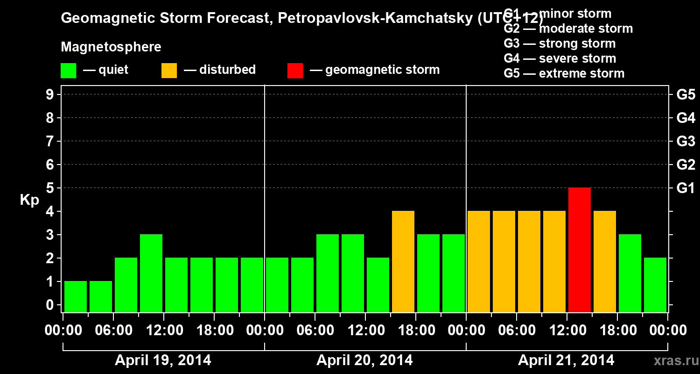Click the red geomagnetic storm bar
[x=580, y=250]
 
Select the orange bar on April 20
[x=403, y=261]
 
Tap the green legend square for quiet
[x=68, y=70]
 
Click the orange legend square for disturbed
[x=169, y=70]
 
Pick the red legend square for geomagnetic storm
[x=295, y=70]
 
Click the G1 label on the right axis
[x=686, y=188]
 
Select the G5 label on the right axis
[x=686, y=94]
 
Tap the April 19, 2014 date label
[x=163, y=360]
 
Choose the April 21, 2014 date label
[x=566, y=360]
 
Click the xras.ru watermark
[x=674, y=360]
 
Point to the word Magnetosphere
[x=111, y=47]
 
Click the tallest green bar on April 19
[x=151, y=273]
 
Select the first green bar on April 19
[x=76, y=296]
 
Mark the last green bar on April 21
[x=655, y=285]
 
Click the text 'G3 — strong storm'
[x=560, y=43]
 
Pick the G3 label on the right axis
[x=686, y=141]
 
